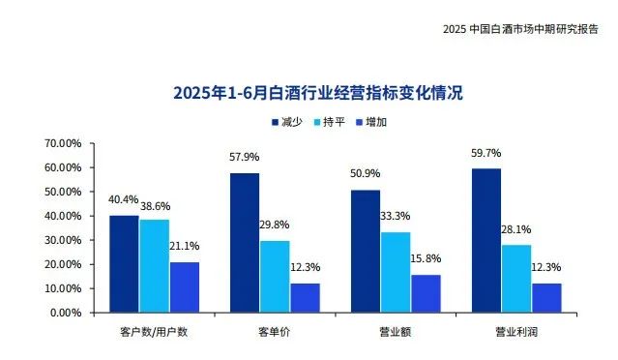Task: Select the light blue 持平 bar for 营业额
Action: coord(395,272)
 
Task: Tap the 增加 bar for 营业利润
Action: coord(545,297)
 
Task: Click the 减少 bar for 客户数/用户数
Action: coord(124,263)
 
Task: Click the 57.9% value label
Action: coord(244,157)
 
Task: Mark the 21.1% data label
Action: coord(185,247)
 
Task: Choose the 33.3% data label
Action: coord(395,217)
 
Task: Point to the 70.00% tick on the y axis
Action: coord(63,143)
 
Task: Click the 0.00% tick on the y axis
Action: coord(66,313)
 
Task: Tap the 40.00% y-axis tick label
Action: coord(63,216)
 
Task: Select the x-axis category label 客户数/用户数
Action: coord(154,331)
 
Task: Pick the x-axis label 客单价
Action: coord(274,331)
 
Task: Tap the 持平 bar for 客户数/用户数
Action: coord(154,265)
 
